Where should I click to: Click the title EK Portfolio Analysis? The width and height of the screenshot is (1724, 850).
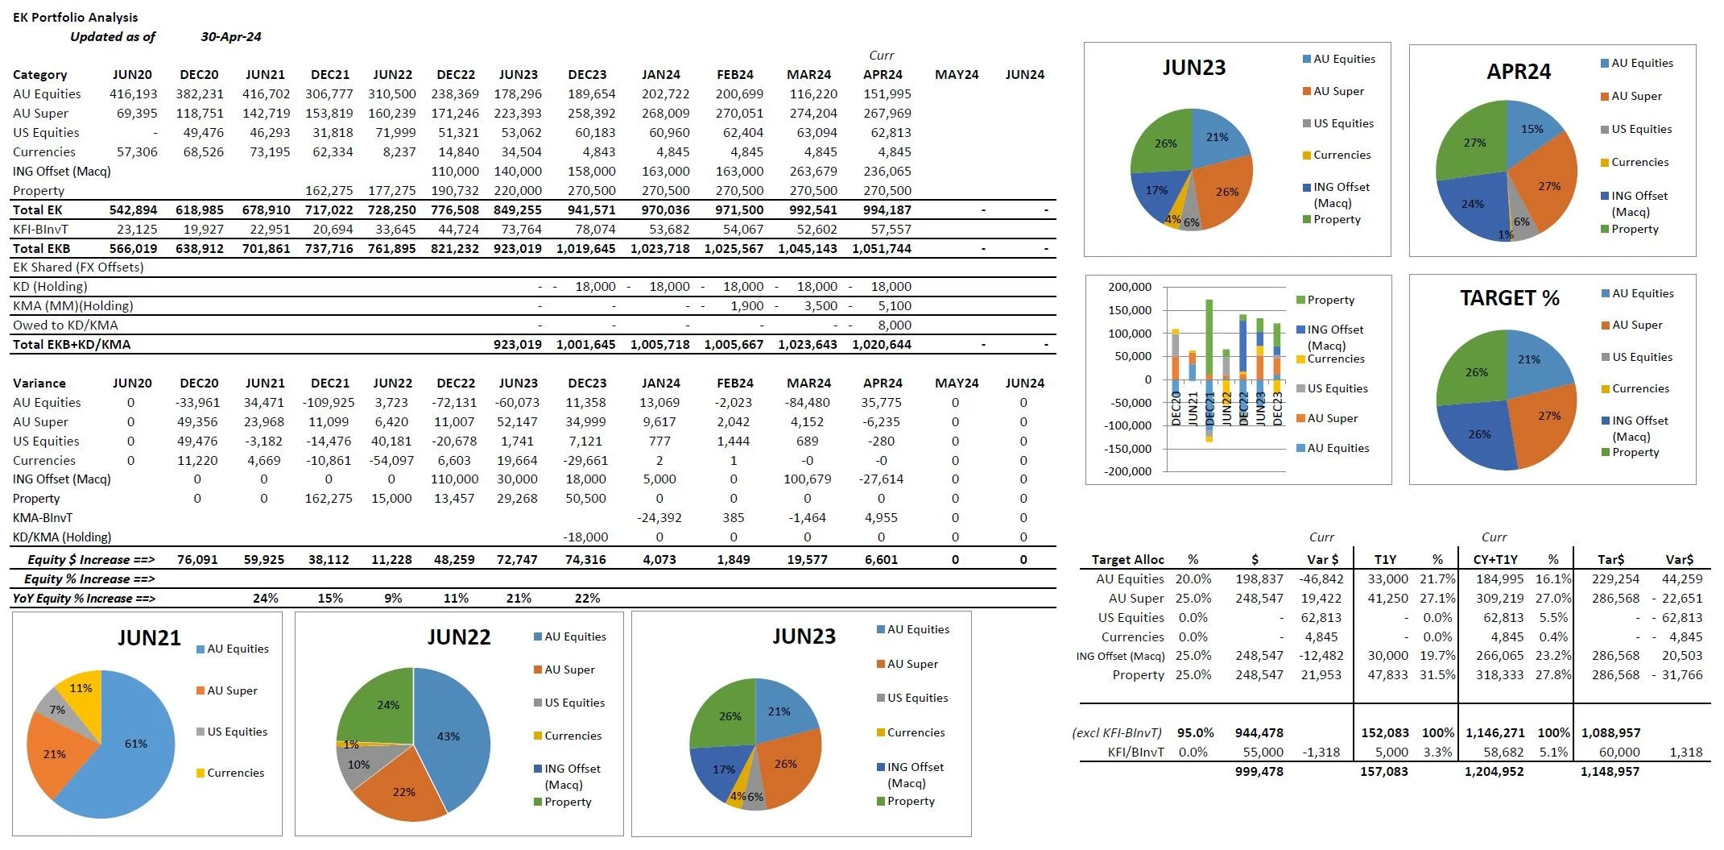75,17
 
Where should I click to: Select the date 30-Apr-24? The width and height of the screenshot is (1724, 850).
230,36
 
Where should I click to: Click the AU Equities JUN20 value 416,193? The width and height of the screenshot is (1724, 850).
133,94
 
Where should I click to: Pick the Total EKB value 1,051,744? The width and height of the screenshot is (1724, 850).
881,248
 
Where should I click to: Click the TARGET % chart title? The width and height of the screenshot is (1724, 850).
1509,298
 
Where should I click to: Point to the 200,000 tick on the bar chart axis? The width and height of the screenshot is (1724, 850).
1129,287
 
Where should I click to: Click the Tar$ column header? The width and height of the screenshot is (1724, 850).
1610,559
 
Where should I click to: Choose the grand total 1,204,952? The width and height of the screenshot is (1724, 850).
1494,772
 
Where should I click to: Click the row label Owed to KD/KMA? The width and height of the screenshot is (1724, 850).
65,325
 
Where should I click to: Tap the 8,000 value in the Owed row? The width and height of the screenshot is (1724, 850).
894,325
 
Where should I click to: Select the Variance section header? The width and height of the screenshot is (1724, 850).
39,384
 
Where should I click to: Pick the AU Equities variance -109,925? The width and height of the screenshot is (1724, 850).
329,403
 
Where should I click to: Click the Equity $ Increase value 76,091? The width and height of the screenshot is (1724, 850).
197,560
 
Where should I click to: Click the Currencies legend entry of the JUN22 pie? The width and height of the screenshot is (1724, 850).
572,736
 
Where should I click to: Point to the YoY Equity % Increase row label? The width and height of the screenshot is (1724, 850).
84,599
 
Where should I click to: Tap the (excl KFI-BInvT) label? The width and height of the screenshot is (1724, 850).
1116,733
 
